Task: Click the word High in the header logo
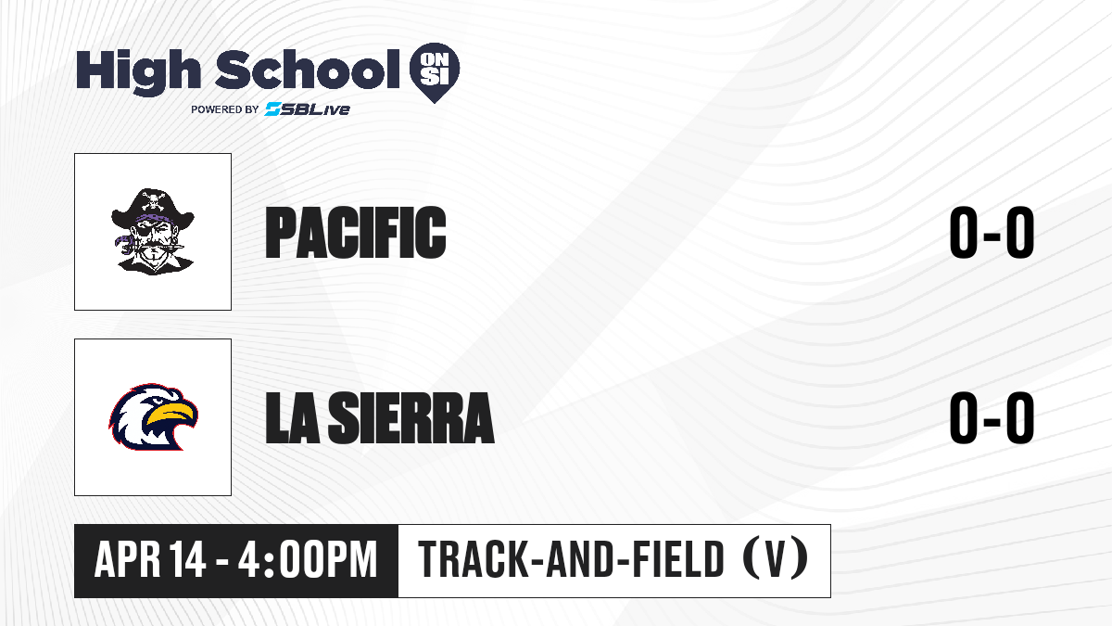tap(138, 71)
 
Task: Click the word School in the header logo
tap(308, 70)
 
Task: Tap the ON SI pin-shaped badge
tap(435, 72)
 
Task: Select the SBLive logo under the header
tap(307, 109)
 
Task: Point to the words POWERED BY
tap(225, 109)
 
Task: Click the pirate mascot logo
tap(153, 232)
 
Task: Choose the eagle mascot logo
tap(154, 416)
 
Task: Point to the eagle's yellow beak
tap(172, 415)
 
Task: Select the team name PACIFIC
tap(356, 233)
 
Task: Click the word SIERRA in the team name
tap(411, 418)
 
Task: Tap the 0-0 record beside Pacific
tap(992, 232)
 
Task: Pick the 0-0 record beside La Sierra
tap(992, 417)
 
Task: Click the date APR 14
tap(150, 559)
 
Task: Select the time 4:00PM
tap(308, 559)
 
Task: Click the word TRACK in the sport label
tap(472, 559)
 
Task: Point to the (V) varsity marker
tap(776, 558)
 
